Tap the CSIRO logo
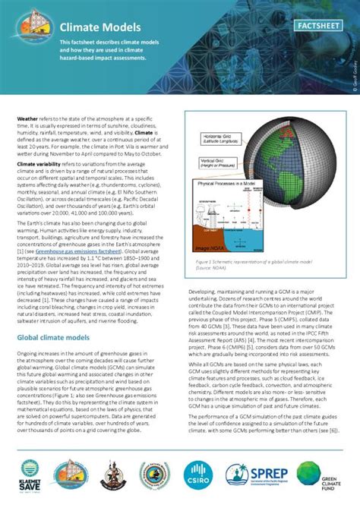tap(198, 474)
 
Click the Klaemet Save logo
tap(28, 474)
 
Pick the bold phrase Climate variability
tap(43, 164)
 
